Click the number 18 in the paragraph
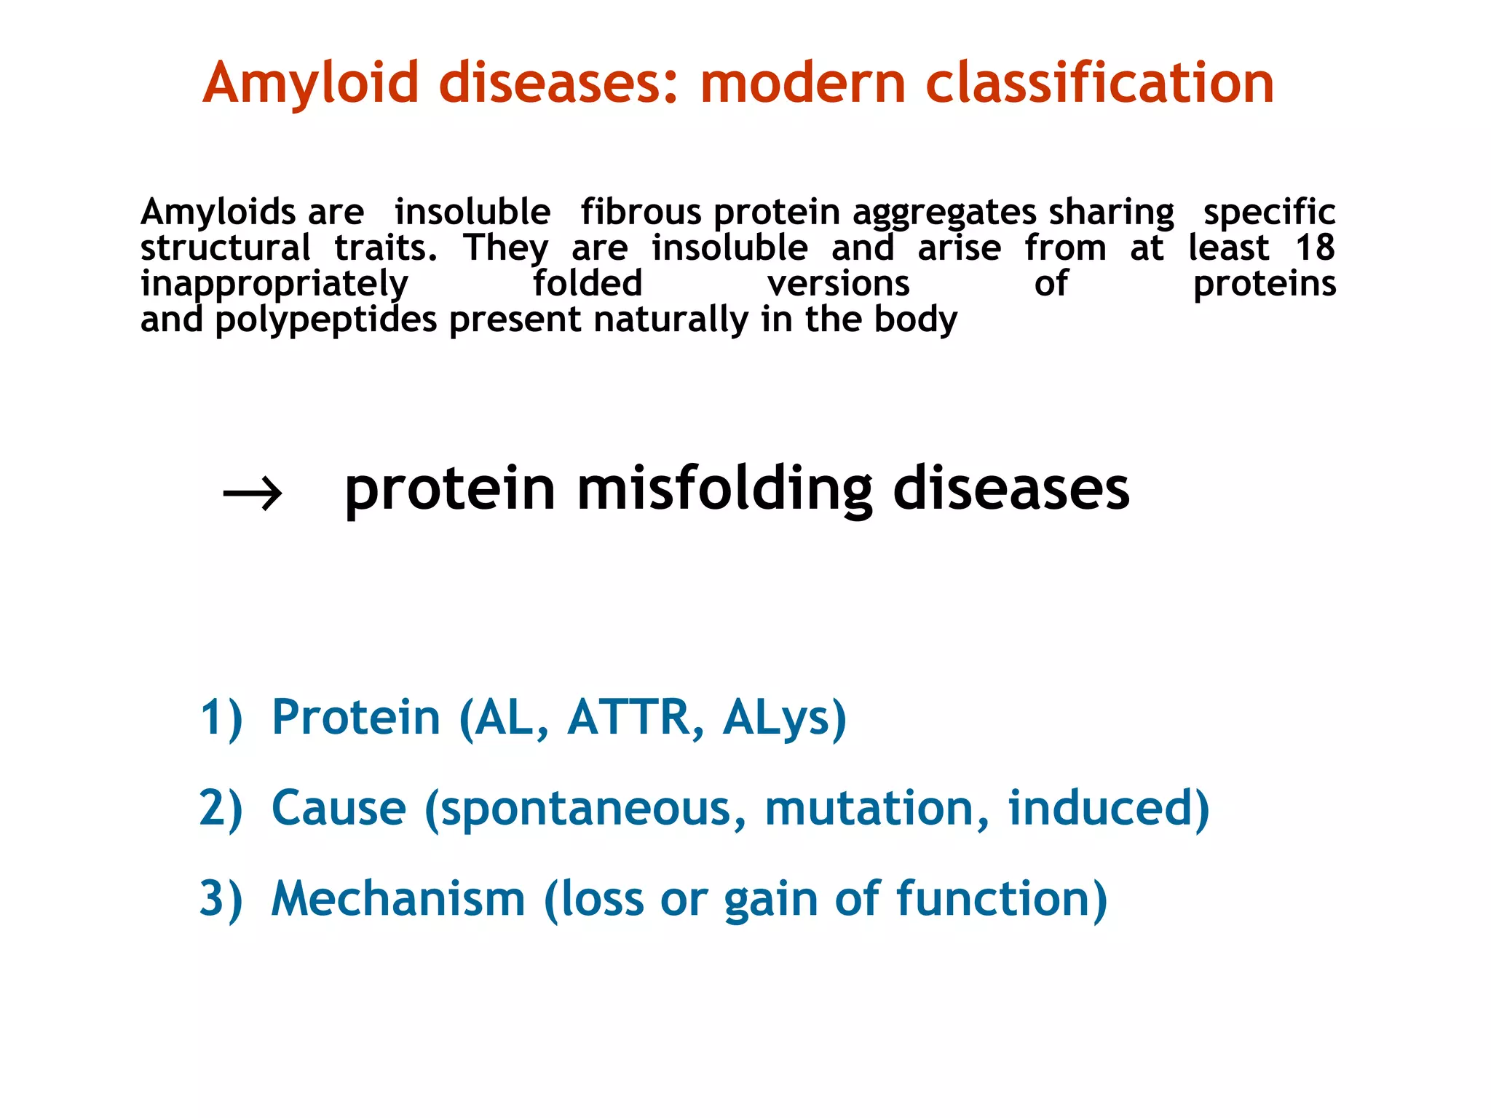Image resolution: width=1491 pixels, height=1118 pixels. (x=1315, y=247)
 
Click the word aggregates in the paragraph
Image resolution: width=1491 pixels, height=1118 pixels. (x=944, y=213)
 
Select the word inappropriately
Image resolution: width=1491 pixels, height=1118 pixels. (x=274, y=285)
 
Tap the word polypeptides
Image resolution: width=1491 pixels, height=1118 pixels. (x=326, y=320)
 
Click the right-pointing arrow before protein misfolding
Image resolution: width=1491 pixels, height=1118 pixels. (x=252, y=494)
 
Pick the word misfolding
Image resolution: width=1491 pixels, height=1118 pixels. (x=724, y=489)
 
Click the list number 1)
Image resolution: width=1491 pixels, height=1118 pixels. (x=221, y=718)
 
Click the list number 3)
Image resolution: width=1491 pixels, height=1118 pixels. (x=221, y=899)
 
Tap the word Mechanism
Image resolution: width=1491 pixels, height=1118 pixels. (x=398, y=899)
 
